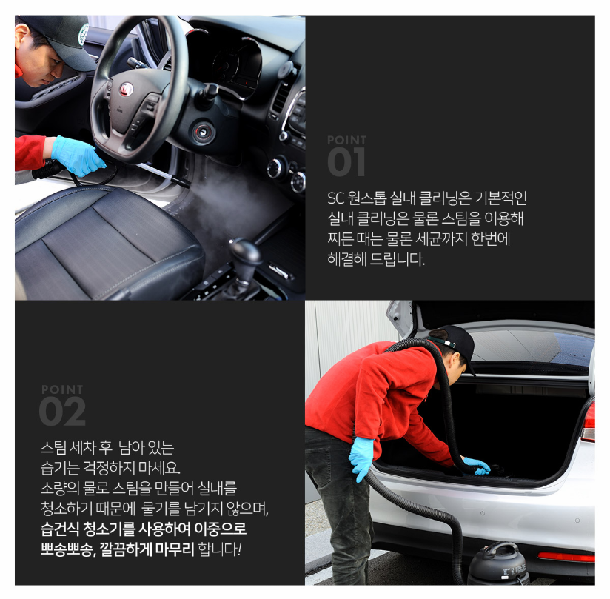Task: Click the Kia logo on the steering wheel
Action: (x=126, y=89)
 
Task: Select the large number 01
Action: (x=346, y=161)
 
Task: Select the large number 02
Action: (x=62, y=411)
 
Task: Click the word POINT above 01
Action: (x=346, y=140)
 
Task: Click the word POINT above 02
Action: (x=62, y=389)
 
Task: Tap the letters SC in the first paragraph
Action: (x=336, y=198)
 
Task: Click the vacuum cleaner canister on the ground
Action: (x=498, y=563)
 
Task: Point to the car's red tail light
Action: (x=588, y=421)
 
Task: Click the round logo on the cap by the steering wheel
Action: (x=84, y=34)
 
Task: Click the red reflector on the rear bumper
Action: (x=566, y=556)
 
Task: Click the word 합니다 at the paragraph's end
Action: (x=218, y=549)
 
